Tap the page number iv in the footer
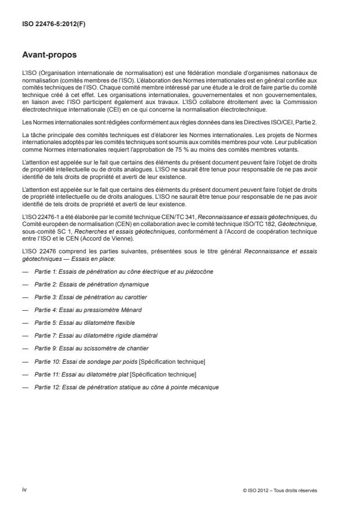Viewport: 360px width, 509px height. pyautogui.click(x=24, y=489)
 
